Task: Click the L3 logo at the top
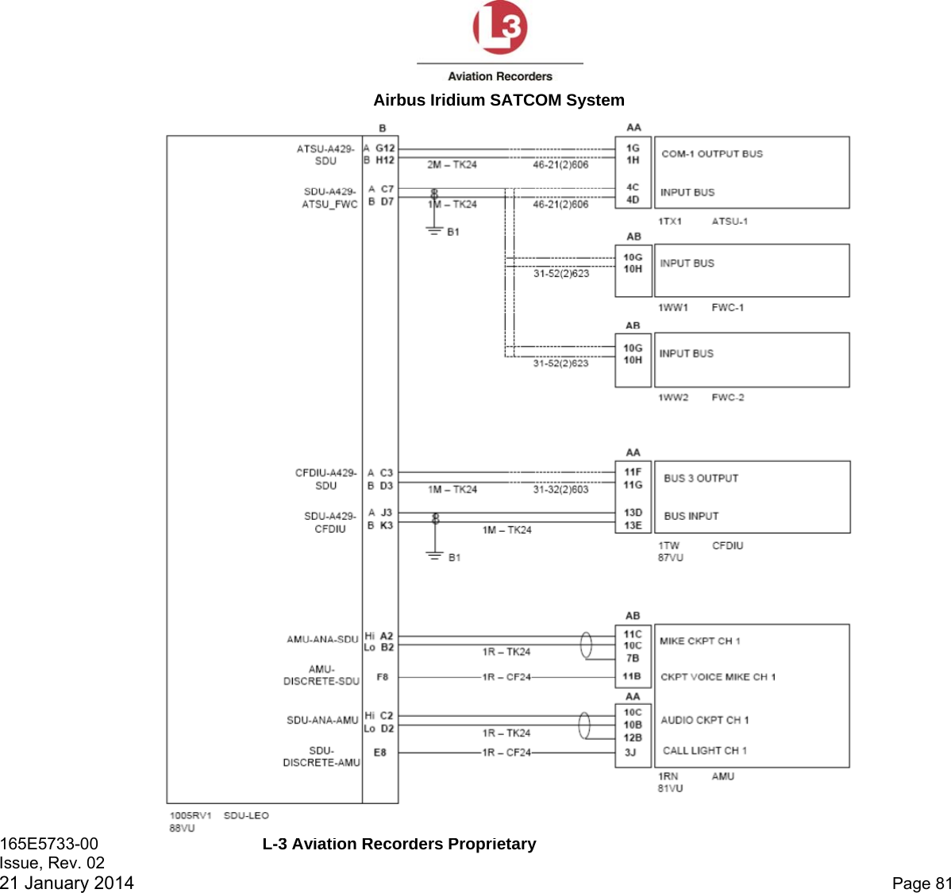tap(500, 28)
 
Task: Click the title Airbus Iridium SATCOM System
tap(499, 100)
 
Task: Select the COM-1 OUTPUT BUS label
tap(711, 154)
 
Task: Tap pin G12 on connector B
tap(385, 148)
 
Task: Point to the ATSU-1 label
tap(730, 221)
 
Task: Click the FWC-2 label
tap(727, 398)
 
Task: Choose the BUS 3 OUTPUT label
tap(701, 479)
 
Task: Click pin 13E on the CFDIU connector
tap(633, 525)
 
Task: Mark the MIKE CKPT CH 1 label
tap(699, 641)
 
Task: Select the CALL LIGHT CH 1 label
tap(704, 751)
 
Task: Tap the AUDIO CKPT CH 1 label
tap(704, 721)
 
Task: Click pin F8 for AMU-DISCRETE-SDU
tap(383, 678)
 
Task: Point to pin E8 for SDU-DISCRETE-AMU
tap(380, 753)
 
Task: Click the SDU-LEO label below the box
tap(246, 816)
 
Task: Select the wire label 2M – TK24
tap(452, 165)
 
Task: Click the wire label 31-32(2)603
tap(560, 490)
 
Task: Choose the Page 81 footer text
tap(921, 883)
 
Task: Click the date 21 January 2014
tap(67, 883)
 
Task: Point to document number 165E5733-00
tap(49, 844)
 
